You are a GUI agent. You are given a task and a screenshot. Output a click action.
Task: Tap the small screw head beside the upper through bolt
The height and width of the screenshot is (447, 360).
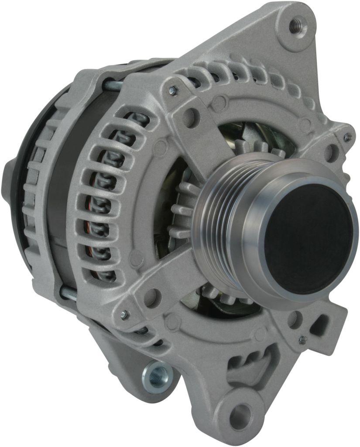point(173,90)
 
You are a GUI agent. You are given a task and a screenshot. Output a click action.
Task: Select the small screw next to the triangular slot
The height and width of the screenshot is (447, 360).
point(302,339)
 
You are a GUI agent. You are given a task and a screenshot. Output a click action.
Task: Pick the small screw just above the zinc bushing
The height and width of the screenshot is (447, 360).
point(124,314)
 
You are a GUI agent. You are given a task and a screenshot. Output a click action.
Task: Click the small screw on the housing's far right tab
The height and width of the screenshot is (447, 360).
point(347,137)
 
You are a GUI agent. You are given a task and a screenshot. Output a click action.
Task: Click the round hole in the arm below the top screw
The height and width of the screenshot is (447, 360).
point(190,117)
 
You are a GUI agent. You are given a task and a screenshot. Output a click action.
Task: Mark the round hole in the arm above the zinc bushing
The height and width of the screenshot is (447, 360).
point(151,297)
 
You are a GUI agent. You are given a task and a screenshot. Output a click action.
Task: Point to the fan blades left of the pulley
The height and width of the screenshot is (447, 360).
point(183,210)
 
